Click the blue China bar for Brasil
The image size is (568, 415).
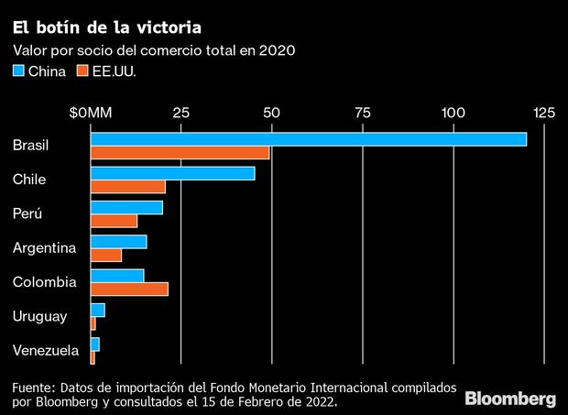(x=308, y=139)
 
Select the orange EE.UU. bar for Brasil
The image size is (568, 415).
(x=180, y=152)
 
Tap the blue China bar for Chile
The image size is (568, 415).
(x=172, y=173)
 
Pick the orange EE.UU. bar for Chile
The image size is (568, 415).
(x=127, y=187)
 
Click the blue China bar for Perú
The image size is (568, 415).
(x=126, y=207)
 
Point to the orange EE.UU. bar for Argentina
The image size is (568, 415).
(x=105, y=255)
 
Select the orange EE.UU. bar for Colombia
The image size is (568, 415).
(x=129, y=289)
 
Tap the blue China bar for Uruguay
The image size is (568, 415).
(x=97, y=310)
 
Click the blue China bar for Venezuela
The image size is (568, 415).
(x=94, y=344)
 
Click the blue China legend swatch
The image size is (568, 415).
(x=18, y=70)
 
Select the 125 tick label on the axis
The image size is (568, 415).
(x=544, y=113)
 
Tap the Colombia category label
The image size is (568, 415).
(x=45, y=282)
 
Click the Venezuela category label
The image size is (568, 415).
(x=46, y=350)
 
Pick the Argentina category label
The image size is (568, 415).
(x=45, y=247)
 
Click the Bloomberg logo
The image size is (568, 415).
(x=510, y=399)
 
